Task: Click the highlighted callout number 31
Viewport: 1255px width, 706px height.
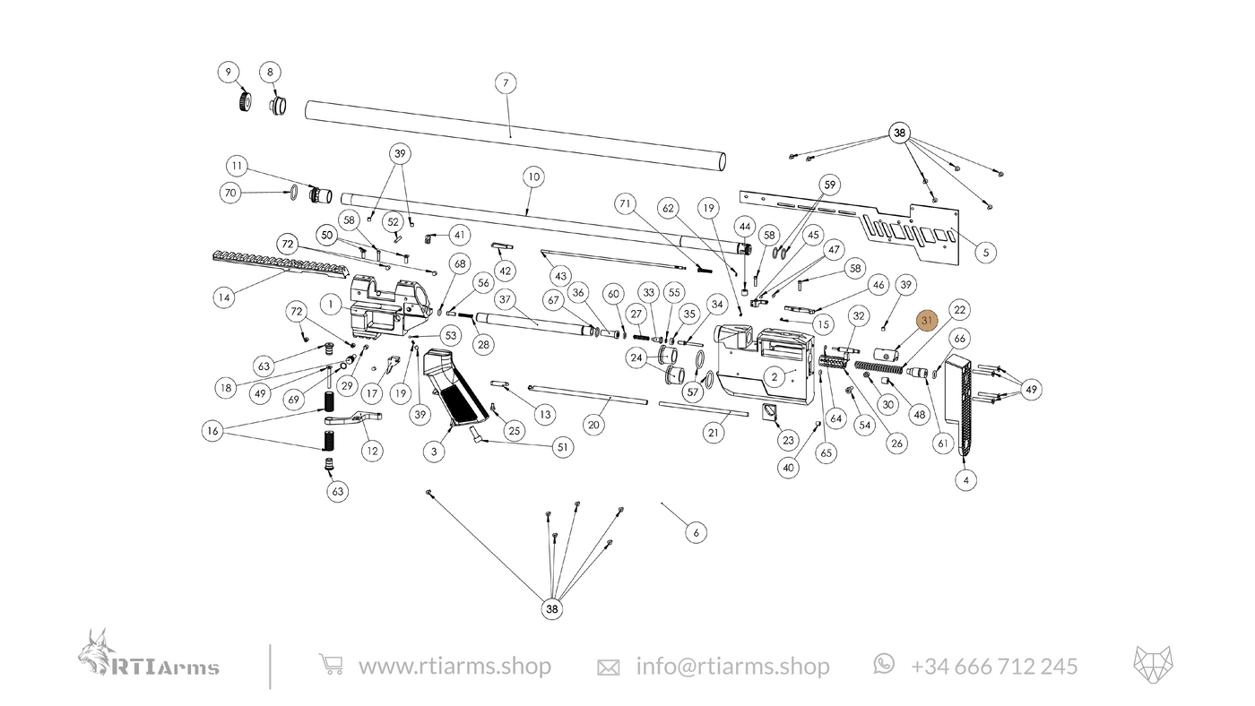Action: click(x=927, y=321)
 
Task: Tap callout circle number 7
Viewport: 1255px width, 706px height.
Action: click(x=506, y=83)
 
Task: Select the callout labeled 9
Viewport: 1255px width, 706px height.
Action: click(x=228, y=72)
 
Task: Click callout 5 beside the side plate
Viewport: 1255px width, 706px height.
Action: click(x=984, y=253)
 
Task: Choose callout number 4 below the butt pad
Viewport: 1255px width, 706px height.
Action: click(x=965, y=479)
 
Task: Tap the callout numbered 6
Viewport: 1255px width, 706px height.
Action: click(x=696, y=532)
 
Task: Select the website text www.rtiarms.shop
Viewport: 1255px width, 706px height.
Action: click(x=454, y=666)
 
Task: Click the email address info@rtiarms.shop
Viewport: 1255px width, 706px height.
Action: click(x=732, y=666)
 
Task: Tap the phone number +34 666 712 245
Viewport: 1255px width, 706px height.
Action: click(x=994, y=666)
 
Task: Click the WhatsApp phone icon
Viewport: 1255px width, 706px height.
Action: click(x=884, y=663)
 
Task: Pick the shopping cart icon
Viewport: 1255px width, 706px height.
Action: click(x=331, y=666)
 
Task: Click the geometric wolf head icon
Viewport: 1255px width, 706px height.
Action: click(x=1155, y=664)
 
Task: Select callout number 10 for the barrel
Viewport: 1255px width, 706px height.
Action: click(x=532, y=176)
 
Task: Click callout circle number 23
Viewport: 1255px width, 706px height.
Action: click(x=788, y=440)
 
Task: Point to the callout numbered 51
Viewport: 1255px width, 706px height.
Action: click(x=562, y=447)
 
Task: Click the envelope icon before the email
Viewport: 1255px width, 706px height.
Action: click(x=609, y=667)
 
